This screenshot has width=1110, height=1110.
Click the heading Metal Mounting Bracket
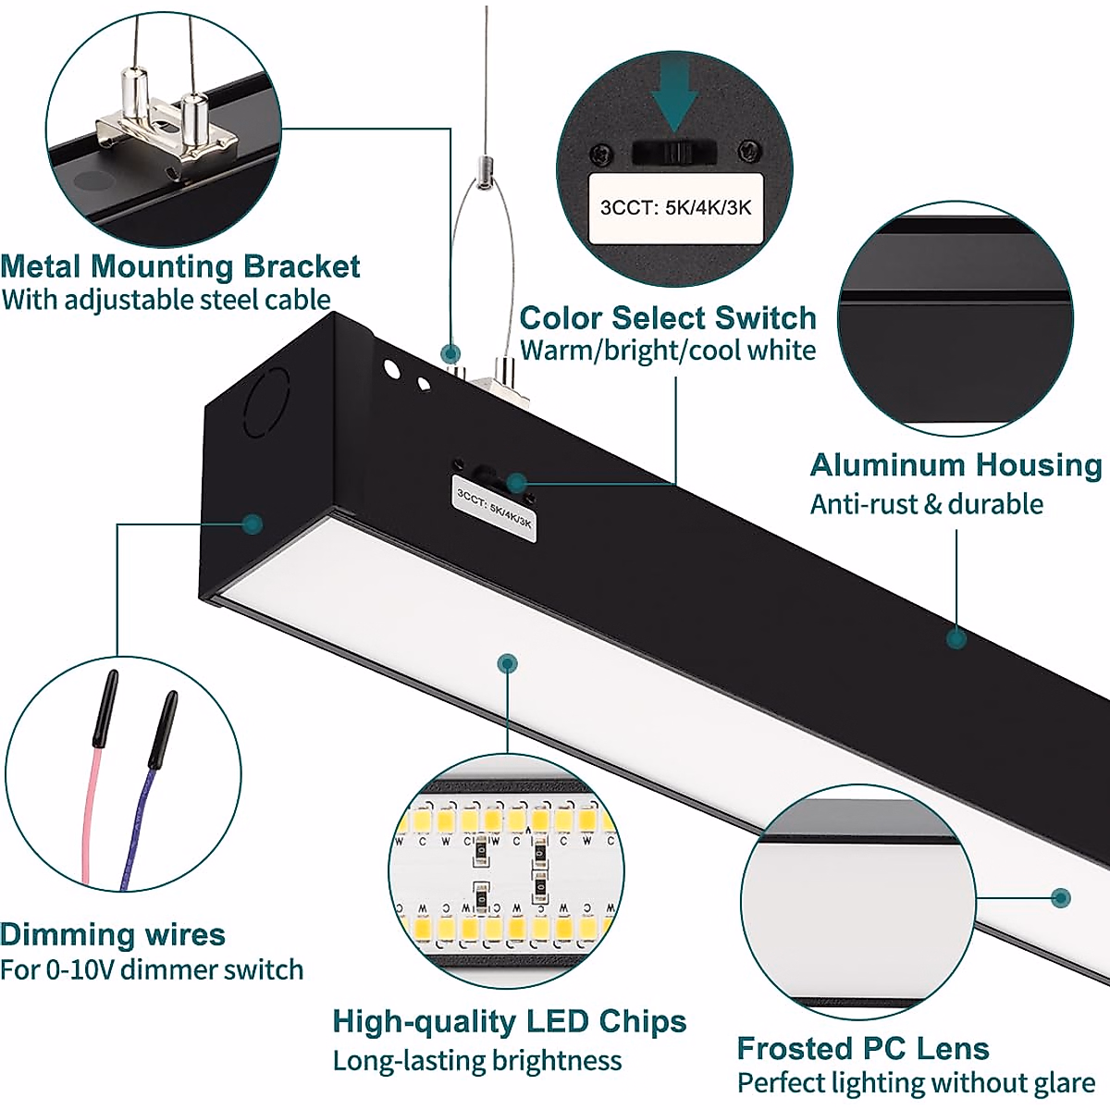click(x=180, y=266)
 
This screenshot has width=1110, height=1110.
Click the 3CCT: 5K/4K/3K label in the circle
click(x=675, y=207)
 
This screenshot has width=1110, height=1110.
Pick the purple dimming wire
click(x=139, y=814)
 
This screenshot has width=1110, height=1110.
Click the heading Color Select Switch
click(x=667, y=317)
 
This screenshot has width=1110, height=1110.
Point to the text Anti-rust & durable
click(x=926, y=504)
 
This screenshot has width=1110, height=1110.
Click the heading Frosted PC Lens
click(x=862, y=1048)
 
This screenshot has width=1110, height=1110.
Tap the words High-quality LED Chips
click(x=509, y=1021)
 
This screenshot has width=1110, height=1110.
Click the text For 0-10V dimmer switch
click(x=152, y=969)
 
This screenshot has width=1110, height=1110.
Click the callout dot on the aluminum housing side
click(x=957, y=637)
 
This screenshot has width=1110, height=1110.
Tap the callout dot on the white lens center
click(x=507, y=662)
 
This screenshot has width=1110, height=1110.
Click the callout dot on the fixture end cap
click(x=253, y=524)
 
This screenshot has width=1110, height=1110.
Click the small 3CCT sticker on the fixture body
click(x=497, y=504)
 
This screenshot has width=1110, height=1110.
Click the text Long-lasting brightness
click(x=477, y=1060)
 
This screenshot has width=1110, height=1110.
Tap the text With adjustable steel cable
click(x=166, y=300)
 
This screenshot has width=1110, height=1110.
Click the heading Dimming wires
click(x=112, y=934)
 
